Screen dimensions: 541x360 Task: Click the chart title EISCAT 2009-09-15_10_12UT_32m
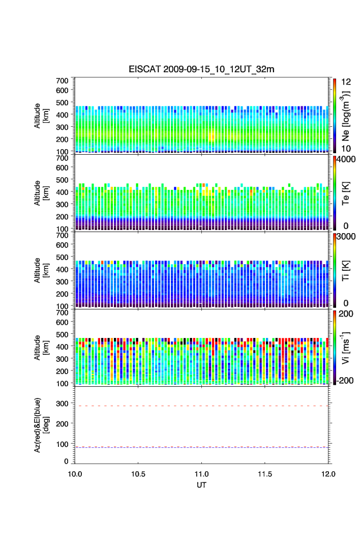[201, 69]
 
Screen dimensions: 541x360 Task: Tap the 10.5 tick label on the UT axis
[138, 473]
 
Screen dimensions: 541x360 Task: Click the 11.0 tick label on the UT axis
[202, 473]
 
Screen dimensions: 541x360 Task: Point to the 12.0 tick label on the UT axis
[328, 473]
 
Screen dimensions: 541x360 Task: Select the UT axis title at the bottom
[202, 485]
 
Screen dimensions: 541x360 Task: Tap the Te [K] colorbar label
[347, 195]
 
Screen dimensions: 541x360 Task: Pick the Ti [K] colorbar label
[347, 273]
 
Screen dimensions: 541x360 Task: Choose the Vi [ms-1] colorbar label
[347, 349]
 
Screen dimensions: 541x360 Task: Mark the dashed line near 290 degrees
[202, 406]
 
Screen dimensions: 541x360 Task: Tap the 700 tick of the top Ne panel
[63, 80]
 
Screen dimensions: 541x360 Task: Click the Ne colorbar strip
[335, 116]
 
